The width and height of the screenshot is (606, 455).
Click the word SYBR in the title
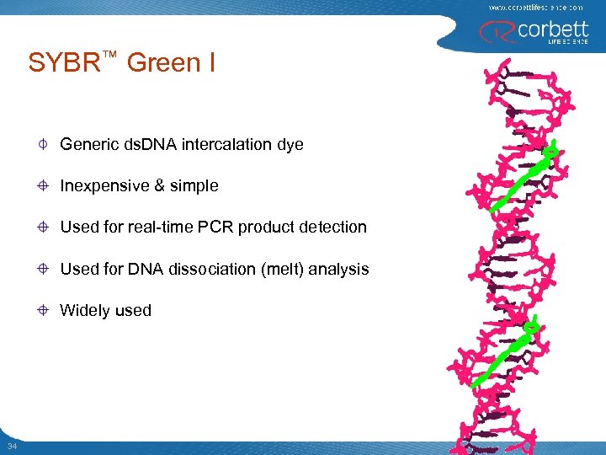[64, 64]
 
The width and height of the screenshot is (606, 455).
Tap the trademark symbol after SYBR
[109, 54]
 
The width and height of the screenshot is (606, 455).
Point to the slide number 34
[11, 445]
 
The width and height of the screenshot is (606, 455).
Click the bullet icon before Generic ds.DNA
[42, 145]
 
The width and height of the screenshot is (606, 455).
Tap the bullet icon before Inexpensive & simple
[42, 186]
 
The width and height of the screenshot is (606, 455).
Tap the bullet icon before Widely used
[42, 310]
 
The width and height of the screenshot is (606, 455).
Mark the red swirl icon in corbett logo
[491, 31]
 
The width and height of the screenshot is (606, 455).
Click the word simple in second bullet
[195, 186]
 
